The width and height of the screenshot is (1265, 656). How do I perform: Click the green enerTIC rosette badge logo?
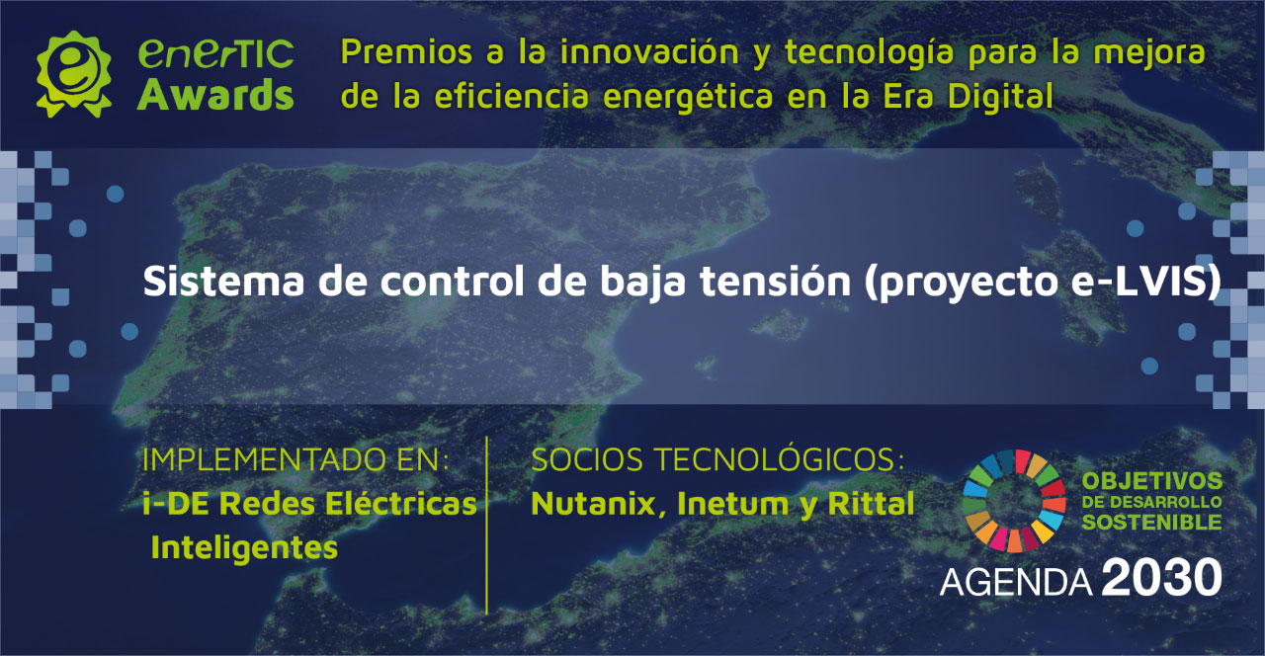point(73,74)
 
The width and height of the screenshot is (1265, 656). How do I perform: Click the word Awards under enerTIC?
point(215,95)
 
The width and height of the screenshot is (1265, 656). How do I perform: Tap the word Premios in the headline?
point(406,52)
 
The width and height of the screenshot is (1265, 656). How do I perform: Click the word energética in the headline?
point(688,97)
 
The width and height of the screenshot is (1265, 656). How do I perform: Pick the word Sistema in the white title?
point(223,281)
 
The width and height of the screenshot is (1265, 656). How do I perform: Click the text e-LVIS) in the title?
point(1146,282)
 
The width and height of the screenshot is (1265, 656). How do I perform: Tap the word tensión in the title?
point(776,281)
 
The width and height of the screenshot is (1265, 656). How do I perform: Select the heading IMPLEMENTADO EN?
point(295,459)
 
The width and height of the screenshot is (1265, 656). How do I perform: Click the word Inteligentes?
point(244,547)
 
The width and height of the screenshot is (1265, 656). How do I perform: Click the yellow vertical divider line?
point(486,525)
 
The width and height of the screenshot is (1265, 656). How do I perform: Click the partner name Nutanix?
point(595,504)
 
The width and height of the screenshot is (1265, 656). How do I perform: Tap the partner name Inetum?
point(732,504)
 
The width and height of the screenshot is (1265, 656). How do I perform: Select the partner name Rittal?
point(871,504)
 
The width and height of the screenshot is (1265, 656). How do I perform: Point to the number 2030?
point(1161,577)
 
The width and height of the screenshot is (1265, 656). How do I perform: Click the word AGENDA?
point(1016,582)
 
